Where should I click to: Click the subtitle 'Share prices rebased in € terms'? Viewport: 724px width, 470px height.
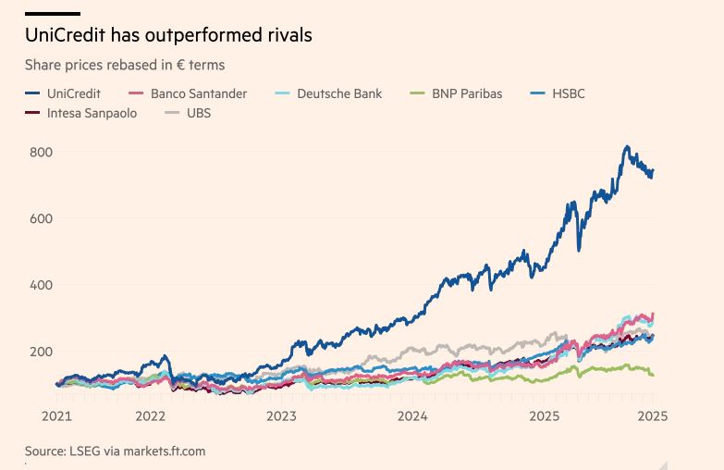coord(125,65)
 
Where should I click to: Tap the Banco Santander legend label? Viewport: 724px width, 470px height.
coord(199,93)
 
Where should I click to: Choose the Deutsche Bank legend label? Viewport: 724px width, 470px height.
coord(339,93)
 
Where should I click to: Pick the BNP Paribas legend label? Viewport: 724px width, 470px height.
coord(467,93)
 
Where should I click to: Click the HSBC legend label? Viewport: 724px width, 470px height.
coord(569,93)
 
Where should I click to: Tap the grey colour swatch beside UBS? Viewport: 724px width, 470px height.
coord(171,113)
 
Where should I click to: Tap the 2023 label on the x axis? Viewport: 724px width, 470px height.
coord(281,416)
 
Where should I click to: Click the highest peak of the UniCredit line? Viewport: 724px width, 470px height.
coord(627,146)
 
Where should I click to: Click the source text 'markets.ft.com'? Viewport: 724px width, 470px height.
coord(161,451)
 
